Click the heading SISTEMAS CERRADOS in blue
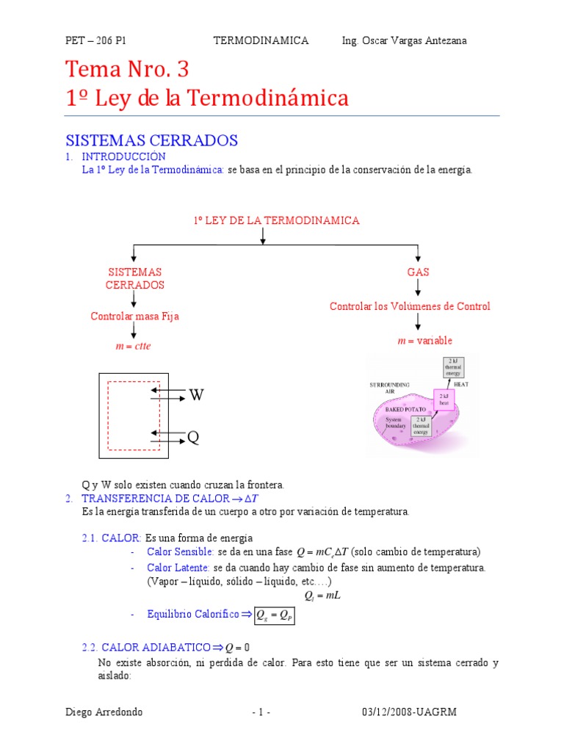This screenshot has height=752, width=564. coord(151,140)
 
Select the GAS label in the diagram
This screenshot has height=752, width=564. coord(418,272)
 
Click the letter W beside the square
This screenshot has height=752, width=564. coord(195,396)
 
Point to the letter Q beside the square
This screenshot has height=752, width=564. coord(193,438)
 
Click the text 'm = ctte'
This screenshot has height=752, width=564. coord(133,346)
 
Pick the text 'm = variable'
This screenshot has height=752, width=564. coord(424,341)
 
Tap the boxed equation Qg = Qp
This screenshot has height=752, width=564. coord(275,615)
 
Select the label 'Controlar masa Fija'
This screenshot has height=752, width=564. coord(134,316)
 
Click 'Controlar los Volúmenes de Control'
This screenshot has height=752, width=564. coord(410,306)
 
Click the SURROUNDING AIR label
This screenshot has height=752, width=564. coord(390,388)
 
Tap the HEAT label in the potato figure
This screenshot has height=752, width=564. coord(461,384)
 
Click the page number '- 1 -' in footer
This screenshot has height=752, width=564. coord(261,712)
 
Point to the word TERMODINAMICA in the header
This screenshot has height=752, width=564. coord(261,40)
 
